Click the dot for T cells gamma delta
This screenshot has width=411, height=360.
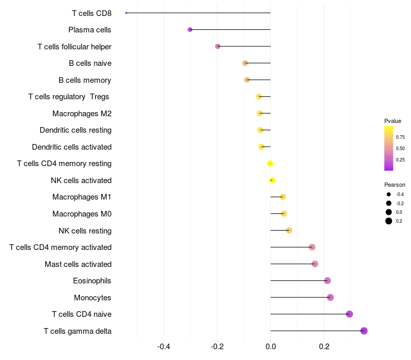coord(364,331)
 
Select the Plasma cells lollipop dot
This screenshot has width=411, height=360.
coord(190,30)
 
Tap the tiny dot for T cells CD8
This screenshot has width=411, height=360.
coord(126,13)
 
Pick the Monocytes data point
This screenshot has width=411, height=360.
coord(330,297)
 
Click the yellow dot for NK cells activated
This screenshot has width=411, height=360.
coord(272,181)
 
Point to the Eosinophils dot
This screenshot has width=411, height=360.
coord(327,280)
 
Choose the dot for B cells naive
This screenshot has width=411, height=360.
coord(245,63)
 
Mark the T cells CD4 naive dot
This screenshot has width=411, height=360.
coord(349,314)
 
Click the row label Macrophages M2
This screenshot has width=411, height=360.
coord(82,114)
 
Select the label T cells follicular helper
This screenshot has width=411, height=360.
coord(74,47)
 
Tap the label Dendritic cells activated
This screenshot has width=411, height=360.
coord(72,147)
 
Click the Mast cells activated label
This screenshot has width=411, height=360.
coord(78,264)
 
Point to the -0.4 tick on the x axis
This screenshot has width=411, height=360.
coord(163,347)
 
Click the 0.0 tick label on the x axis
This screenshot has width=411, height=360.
coord(271,347)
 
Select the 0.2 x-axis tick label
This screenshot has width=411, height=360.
coord(324,347)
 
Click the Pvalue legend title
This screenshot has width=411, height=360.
coord(393,121)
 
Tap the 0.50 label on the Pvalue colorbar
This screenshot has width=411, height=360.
coord(400,149)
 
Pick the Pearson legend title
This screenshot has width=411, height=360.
coord(395,185)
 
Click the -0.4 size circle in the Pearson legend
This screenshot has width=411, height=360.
coord(388,194)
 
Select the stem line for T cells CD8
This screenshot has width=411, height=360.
coord(198,13)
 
